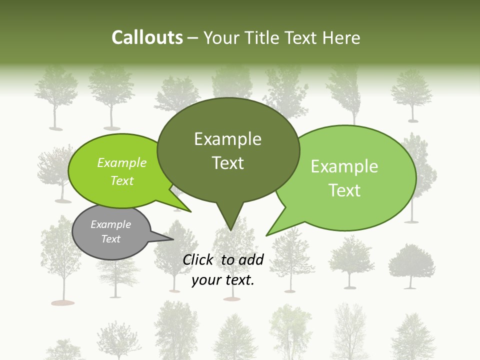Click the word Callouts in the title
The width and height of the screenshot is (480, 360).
(x=147, y=37)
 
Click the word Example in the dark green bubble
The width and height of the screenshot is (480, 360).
(x=227, y=139)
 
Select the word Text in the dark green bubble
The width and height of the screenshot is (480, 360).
(x=227, y=163)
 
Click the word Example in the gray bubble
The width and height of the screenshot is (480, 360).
(x=110, y=224)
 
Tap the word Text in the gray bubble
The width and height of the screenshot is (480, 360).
(x=110, y=239)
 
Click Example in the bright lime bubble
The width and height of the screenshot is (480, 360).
(x=121, y=163)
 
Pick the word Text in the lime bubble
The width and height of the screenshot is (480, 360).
(x=121, y=180)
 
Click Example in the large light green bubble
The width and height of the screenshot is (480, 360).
(x=344, y=166)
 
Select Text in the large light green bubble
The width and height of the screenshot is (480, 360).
(x=344, y=190)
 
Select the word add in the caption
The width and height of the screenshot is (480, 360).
(x=251, y=259)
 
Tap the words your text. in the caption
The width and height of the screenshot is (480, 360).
(x=223, y=280)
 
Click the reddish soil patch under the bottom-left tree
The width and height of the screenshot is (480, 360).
(x=63, y=302)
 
